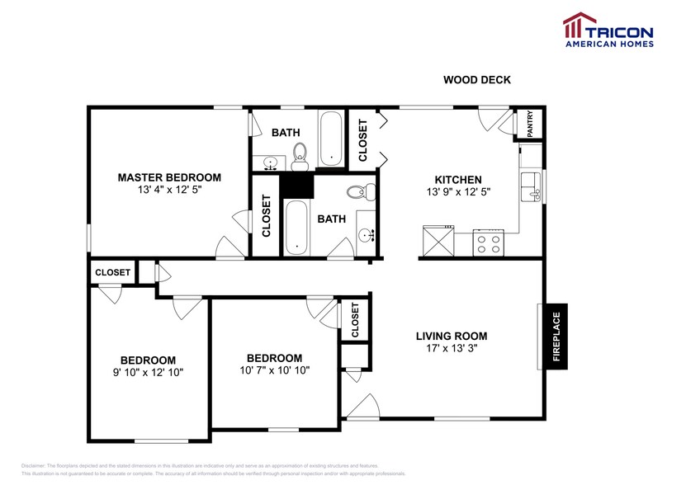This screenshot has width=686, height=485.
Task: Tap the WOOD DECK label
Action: [x=477, y=80]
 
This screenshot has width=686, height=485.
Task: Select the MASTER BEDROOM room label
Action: [x=169, y=177]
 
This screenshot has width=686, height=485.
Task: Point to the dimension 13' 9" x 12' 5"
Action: [x=458, y=192]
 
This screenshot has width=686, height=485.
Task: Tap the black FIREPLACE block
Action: [x=556, y=337]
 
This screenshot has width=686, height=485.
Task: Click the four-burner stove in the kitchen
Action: [x=488, y=243]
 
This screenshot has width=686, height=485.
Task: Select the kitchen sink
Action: [x=532, y=187]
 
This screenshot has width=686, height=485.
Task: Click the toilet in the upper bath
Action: [x=300, y=152]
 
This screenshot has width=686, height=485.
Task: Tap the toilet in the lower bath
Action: [x=358, y=192]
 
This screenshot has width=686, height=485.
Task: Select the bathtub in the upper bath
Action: [x=331, y=138]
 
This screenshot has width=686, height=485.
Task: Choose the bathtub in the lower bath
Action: [x=296, y=229]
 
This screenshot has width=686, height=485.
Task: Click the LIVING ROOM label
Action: [x=451, y=336]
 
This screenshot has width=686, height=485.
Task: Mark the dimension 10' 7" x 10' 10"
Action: [x=274, y=370]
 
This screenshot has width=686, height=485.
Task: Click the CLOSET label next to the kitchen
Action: [x=362, y=140]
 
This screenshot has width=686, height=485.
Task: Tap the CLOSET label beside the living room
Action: [x=355, y=319]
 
